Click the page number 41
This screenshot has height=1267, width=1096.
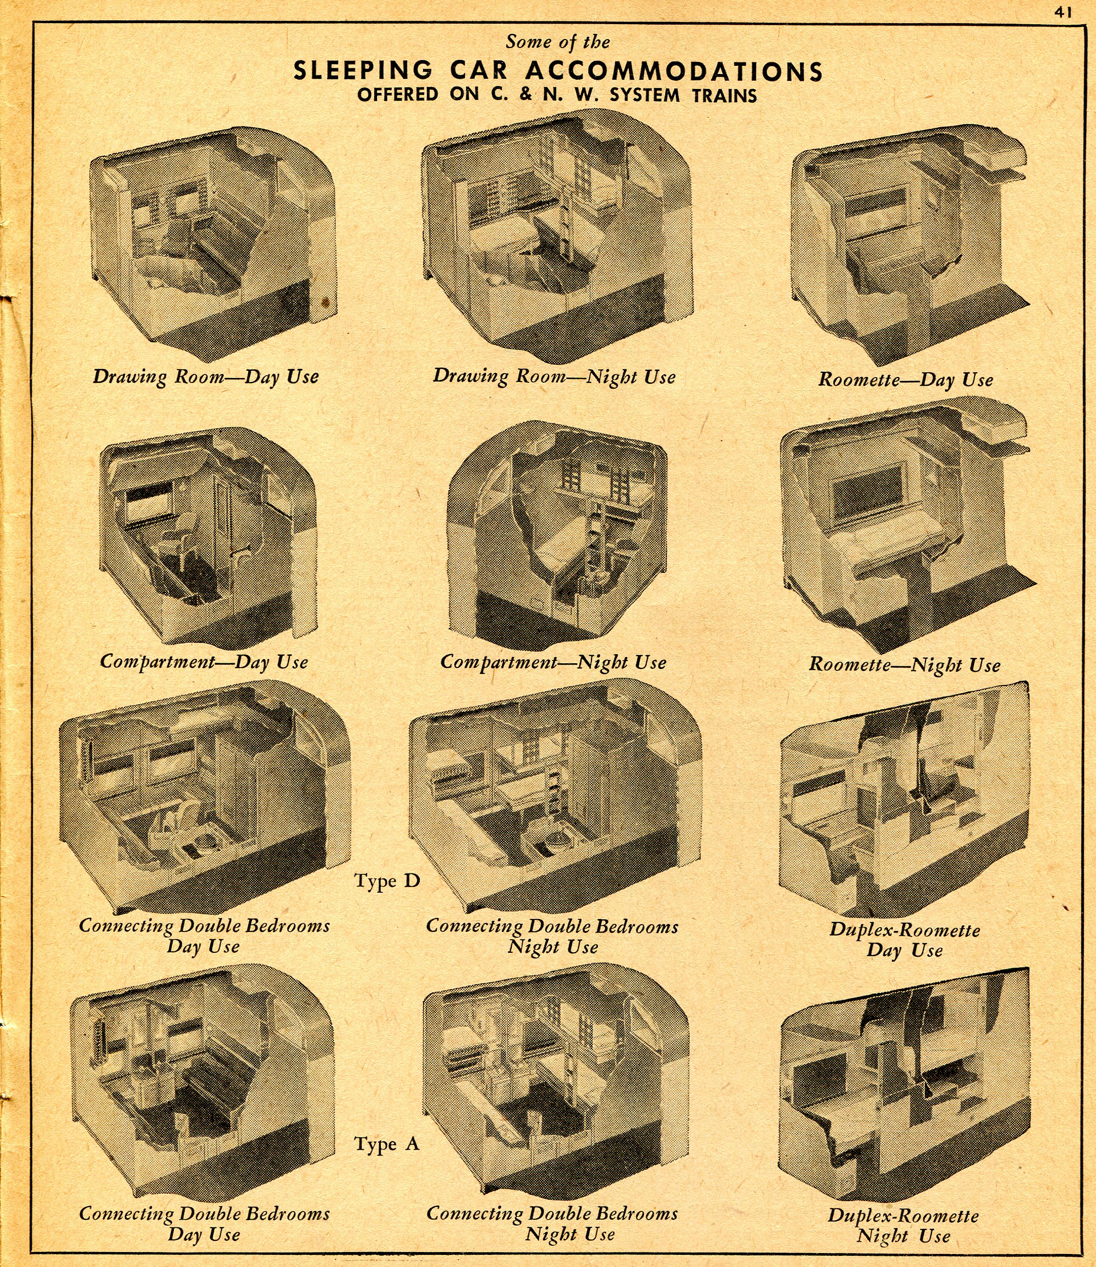[x=1064, y=12]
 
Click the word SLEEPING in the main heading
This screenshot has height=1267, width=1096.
[x=363, y=71]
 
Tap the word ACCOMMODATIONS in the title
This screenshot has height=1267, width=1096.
[x=674, y=72]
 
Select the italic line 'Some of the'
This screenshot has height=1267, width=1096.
[x=558, y=42]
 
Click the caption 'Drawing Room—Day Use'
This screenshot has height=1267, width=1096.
[x=205, y=376]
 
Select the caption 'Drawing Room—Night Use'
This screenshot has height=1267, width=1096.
[x=554, y=376]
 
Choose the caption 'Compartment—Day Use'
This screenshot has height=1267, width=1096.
[x=204, y=662]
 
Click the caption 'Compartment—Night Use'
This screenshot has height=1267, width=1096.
[x=553, y=662]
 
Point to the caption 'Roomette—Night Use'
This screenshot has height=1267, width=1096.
[x=905, y=665]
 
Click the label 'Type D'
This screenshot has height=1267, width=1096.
[x=387, y=881]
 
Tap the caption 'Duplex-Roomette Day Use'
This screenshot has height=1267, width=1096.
[x=905, y=940]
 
